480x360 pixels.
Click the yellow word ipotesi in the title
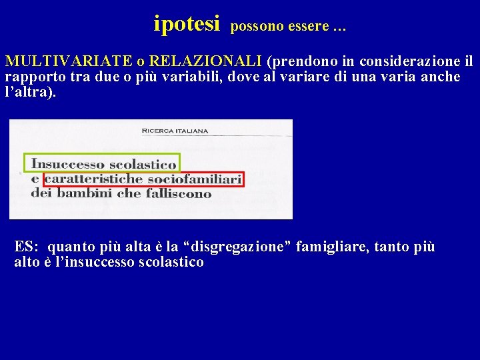click(186, 24)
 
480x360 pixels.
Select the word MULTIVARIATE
click(69, 61)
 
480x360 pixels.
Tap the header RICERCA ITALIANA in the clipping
click(175, 131)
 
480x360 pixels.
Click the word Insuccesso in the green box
click(68, 164)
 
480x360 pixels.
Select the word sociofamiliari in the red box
click(194, 179)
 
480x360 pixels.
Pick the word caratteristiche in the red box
click(94, 179)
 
